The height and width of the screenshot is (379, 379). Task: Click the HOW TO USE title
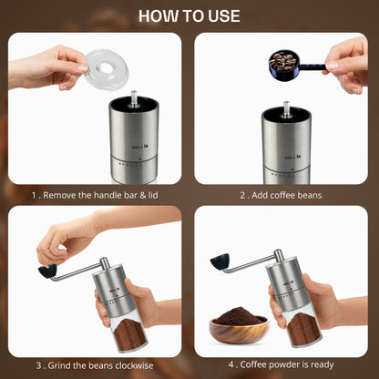coord(189,16)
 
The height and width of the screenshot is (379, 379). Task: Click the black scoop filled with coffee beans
coord(284,61)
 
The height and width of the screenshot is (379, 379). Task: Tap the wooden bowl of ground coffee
coord(238,324)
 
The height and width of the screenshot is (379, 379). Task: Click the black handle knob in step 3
coord(47,271)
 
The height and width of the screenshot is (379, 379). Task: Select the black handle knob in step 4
coord(220,261)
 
